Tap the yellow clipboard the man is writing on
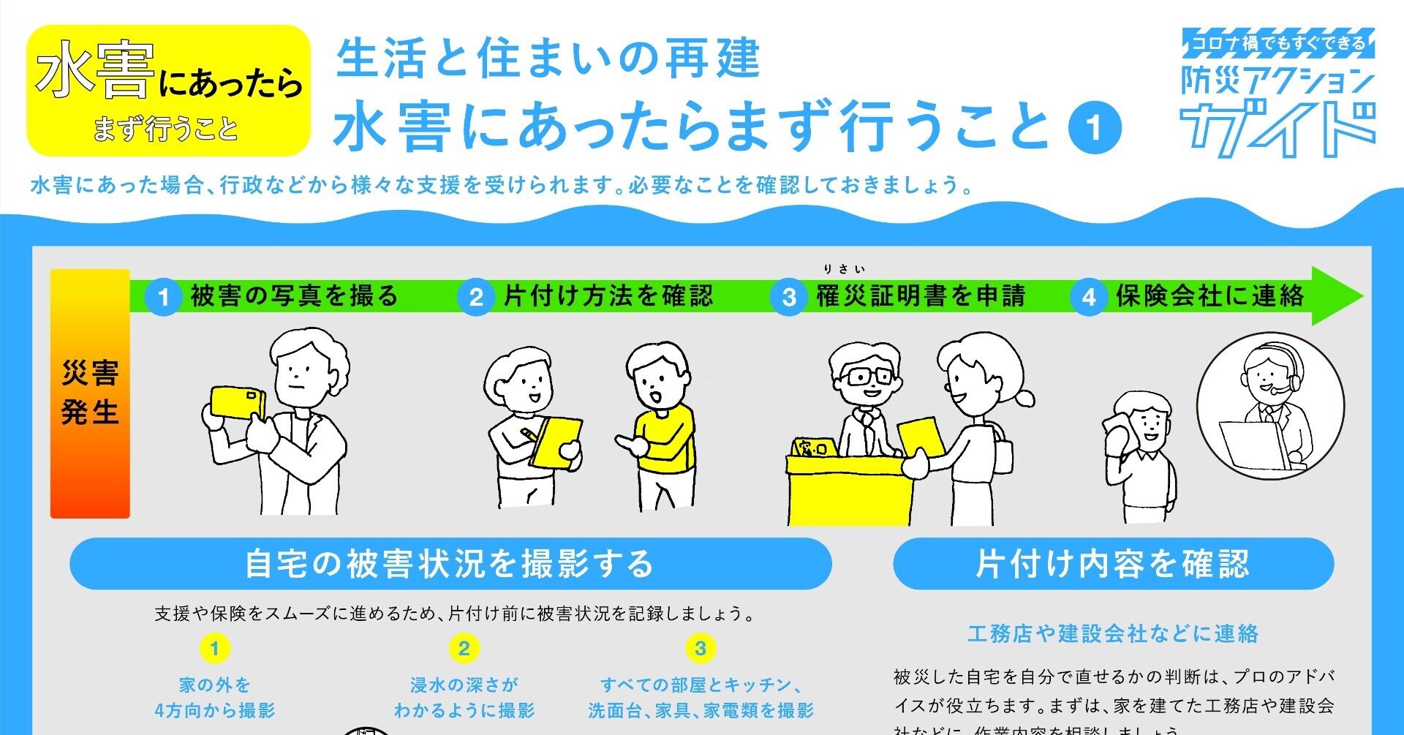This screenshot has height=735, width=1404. (x=556, y=441)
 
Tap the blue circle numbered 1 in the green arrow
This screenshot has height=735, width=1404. (x=163, y=297)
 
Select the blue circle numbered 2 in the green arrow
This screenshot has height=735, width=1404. (x=476, y=297)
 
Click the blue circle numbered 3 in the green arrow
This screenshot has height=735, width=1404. (x=789, y=297)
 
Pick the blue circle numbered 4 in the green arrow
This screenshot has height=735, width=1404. (x=1089, y=297)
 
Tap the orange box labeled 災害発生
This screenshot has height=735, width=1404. (x=90, y=393)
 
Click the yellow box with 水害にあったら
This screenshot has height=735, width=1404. (x=169, y=91)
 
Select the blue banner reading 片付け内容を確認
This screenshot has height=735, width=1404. (x=1113, y=564)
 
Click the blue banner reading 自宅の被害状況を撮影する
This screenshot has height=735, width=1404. (x=450, y=564)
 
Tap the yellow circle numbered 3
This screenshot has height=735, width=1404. (x=700, y=648)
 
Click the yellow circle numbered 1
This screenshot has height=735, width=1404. (x=214, y=648)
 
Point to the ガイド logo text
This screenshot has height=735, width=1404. (x=1278, y=129)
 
